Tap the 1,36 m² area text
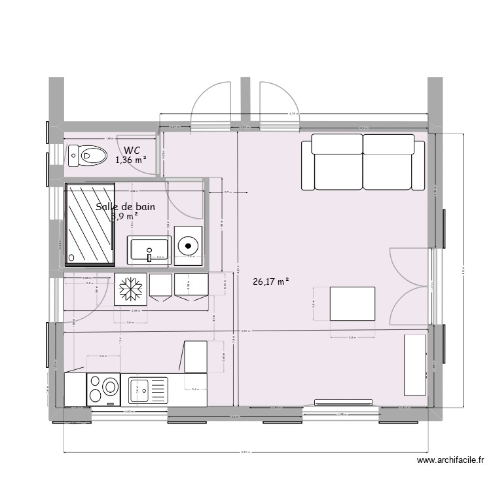pos(130,159)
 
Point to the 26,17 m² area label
pos(270,282)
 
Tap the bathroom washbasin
pos(150,250)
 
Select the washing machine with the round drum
pos(189,245)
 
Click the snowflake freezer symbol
pos(130,289)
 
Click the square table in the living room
pos(353,303)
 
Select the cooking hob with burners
pos(103,389)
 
